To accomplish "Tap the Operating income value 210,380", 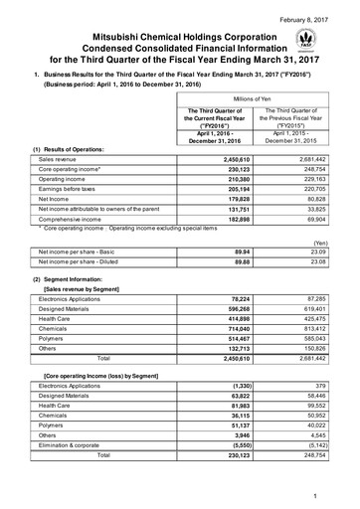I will point(229,181).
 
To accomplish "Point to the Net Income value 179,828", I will point(229,204).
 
